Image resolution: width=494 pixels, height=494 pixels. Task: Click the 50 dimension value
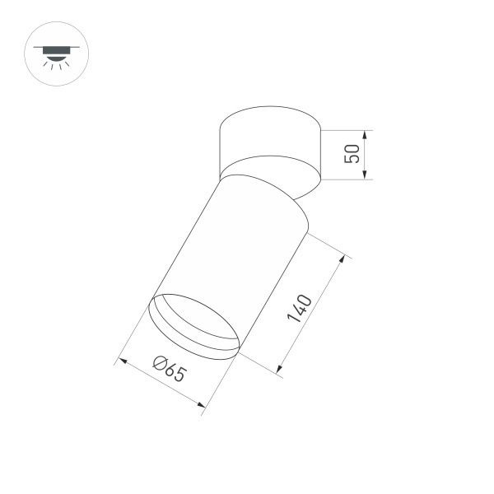[x=352, y=153]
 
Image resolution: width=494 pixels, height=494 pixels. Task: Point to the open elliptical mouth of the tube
[x=194, y=324]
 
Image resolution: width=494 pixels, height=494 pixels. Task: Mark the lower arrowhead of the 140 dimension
[x=279, y=375]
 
